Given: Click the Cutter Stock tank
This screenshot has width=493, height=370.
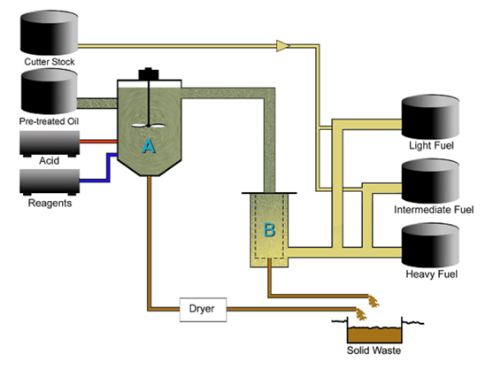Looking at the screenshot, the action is pyautogui.click(x=49, y=33).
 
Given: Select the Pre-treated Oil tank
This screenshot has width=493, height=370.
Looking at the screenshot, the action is pyautogui.click(x=49, y=91).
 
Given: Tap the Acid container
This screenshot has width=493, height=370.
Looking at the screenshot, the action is pyautogui.click(x=50, y=143).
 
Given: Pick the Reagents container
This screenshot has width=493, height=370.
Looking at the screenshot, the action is pyautogui.click(x=50, y=182).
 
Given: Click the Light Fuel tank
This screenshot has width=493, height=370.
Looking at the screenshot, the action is pyautogui.click(x=430, y=117).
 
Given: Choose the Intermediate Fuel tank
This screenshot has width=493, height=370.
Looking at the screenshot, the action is pyautogui.click(x=430, y=181).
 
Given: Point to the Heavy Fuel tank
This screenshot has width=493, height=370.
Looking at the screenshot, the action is pyautogui.click(x=430, y=245).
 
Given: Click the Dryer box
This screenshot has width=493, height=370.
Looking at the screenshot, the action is pyautogui.click(x=203, y=310).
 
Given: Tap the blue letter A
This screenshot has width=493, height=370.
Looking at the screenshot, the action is pyautogui.click(x=149, y=146).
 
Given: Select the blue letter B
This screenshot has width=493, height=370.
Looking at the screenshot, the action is pyautogui.click(x=269, y=230).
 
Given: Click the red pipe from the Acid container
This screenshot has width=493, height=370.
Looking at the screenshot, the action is pyautogui.click(x=98, y=142).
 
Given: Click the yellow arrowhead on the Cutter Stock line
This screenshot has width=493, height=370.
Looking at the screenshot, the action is pyautogui.click(x=283, y=46).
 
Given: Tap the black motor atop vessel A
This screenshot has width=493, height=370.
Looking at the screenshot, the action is pyautogui.click(x=149, y=73).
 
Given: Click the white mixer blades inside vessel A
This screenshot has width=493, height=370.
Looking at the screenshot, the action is pyautogui.click(x=148, y=126).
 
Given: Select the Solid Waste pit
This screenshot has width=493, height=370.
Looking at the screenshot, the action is pyautogui.click(x=374, y=335).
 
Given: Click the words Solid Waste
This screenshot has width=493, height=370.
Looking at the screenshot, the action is pyautogui.click(x=374, y=351).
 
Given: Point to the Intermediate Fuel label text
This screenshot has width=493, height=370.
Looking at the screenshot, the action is pyautogui.click(x=434, y=210).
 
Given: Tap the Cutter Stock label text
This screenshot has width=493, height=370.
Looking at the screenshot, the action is pyautogui.click(x=50, y=62).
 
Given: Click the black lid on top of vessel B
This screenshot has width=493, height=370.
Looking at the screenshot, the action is pyautogui.click(x=269, y=193).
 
